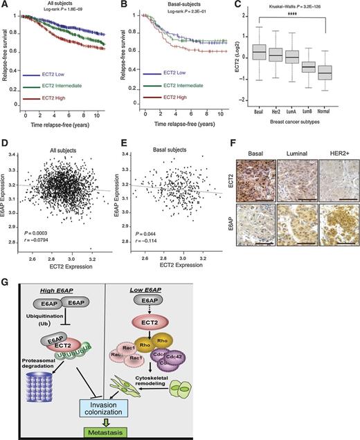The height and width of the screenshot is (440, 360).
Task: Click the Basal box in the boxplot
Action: (x=258, y=53)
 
